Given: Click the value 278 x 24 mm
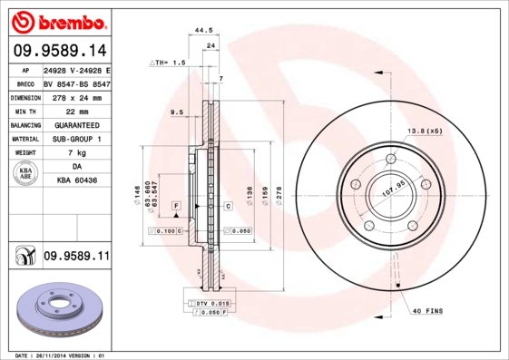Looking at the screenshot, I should coord(76,96).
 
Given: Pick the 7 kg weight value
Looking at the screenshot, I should coord(76,153).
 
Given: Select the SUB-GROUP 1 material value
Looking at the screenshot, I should coord(76,139).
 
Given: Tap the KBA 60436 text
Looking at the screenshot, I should coord(76,181).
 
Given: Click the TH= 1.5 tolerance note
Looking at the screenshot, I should coord(168,63).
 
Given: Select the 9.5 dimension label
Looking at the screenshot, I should coord(177,112).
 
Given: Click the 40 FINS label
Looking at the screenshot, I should coord(428,312).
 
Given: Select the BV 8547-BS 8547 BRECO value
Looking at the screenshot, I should coord(76,83).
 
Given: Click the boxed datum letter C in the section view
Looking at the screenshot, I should coord(227,207).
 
